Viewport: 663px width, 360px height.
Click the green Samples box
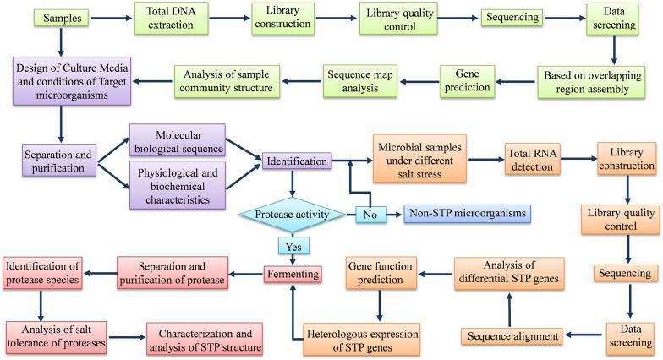pos(43,18)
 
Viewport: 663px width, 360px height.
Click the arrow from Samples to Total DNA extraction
pos(99,18)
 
